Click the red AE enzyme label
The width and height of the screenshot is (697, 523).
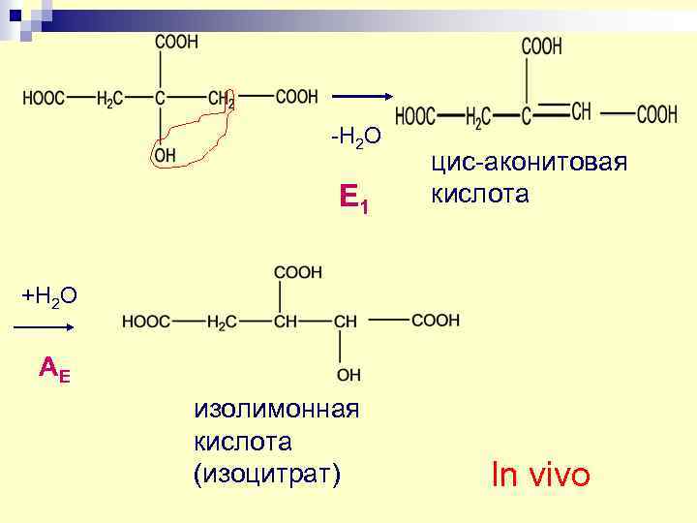click(x=53, y=368)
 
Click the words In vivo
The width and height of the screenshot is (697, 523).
click(x=540, y=476)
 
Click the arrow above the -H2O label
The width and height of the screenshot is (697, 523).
click(x=361, y=96)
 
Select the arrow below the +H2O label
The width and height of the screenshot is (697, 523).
click(x=42, y=329)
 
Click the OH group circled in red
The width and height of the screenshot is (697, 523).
click(x=166, y=154)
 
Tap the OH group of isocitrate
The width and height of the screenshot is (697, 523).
click(x=348, y=374)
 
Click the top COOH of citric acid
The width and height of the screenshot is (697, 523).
click(x=176, y=42)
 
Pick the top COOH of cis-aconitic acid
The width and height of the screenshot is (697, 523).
click(x=542, y=46)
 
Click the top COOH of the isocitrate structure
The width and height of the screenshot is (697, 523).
click(x=299, y=272)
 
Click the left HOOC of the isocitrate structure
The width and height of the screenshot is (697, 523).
click(x=146, y=321)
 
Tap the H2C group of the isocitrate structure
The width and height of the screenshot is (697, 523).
click(x=223, y=322)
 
